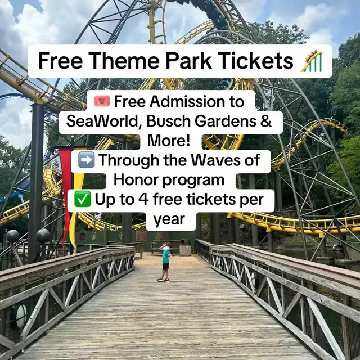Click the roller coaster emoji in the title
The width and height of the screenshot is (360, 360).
pos(312,61)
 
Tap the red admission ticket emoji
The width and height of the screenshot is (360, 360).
pos(102,101)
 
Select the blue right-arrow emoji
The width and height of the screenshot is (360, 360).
pos(86,160)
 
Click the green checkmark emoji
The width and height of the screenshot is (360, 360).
pos(83,199)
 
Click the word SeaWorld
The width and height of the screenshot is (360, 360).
pos(102,121)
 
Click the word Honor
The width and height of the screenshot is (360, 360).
pos(136,180)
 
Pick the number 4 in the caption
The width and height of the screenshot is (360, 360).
pos(144,199)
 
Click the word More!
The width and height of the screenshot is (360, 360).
pos(169,140)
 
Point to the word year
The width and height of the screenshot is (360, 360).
pos(169,220)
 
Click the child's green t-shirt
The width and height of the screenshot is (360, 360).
pos(166,256)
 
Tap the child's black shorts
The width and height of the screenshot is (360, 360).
pos(166,267)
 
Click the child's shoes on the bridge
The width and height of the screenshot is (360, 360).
pos(164,280)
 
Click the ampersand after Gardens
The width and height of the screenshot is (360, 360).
pos(266,121)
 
